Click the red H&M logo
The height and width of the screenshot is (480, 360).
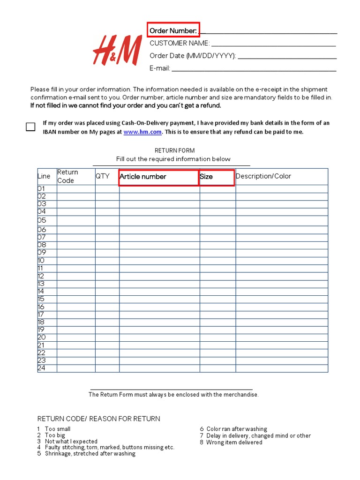click(x=117, y=50)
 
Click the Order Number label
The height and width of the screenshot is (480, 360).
click(x=173, y=31)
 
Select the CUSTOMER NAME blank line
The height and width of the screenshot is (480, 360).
click(x=273, y=44)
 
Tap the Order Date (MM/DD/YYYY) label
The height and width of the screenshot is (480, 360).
click(x=193, y=56)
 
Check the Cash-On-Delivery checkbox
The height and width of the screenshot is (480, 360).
click(x=30, y=127)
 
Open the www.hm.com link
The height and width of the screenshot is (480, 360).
click(x=142, y=132)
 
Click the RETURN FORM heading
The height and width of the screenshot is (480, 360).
click(x=174, y=150)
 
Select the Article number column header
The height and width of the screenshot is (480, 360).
click(x=159, y=177)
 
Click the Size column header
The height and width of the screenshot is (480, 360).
click(x=217, y=177)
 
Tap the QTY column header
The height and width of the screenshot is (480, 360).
click(x=102, y=176)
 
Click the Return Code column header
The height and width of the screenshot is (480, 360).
click(x=68, y=176)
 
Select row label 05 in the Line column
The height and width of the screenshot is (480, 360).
click(x=42, y=220)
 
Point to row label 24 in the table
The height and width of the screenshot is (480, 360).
click(x=42, y=368)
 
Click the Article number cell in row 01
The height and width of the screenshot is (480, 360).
click(x=159, y=189)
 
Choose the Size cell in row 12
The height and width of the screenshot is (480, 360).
click(x=217, y=276)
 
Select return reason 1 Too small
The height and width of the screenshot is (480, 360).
click(x=54, y=429)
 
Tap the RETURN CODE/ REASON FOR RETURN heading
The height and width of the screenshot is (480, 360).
click(x=98, y=419)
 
